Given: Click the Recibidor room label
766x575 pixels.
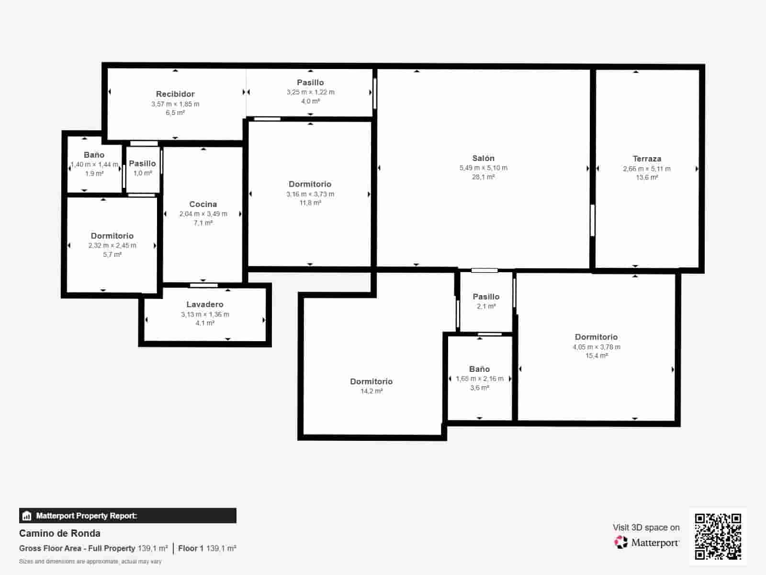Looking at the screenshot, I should (175, 94).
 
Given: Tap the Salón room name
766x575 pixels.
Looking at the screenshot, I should (483, 158).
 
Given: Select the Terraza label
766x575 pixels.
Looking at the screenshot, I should (647, 159).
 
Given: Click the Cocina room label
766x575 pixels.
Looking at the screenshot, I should (203, 204).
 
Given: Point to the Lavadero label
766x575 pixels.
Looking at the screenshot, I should (205, 304).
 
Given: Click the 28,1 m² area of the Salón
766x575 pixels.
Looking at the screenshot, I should (483, 177).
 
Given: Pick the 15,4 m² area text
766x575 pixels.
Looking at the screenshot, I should (597, 356).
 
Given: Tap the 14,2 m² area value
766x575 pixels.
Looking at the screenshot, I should (372, 391).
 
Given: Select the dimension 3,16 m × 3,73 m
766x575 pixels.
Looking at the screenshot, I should (310, 194).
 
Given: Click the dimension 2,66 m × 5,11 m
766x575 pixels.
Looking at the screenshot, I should (647, 169).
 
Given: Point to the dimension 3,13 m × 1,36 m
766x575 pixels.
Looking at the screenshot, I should (205, 314).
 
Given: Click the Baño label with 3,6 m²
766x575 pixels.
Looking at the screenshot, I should (479, 369).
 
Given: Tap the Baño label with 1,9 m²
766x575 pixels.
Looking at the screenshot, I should (94, 155).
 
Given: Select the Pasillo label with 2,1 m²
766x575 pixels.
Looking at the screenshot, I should (486, 297).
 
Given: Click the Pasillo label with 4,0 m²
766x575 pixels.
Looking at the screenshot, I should (310, 82).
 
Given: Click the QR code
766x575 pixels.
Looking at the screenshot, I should (718, 536).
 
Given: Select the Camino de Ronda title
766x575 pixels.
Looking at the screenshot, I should (60, 533).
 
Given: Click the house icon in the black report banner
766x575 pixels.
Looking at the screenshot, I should (27, 516).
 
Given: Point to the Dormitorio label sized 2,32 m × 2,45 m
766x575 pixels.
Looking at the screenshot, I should (112, 236).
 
